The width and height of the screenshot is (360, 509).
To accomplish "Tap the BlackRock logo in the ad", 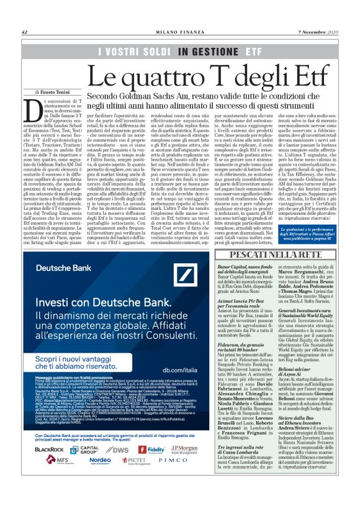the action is coord(49,449).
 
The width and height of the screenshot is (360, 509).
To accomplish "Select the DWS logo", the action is coord(121,449).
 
